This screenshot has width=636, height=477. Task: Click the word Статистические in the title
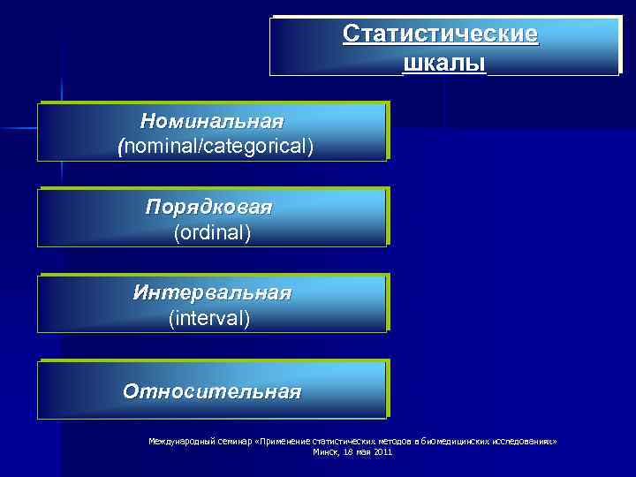(440, 34)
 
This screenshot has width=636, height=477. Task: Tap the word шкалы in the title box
(444, 64)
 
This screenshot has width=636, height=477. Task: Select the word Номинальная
(211, 120)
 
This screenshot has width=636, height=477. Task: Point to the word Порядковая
(209, 207)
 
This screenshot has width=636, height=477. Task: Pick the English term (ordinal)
(213, 232)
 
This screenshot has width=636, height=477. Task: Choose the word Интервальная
(212, 292)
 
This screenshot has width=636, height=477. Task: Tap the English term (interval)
(209, 318)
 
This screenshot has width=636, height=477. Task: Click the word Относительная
(212, 390)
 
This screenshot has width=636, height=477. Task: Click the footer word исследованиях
(519, 440)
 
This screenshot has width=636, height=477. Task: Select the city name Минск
(326, 451)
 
